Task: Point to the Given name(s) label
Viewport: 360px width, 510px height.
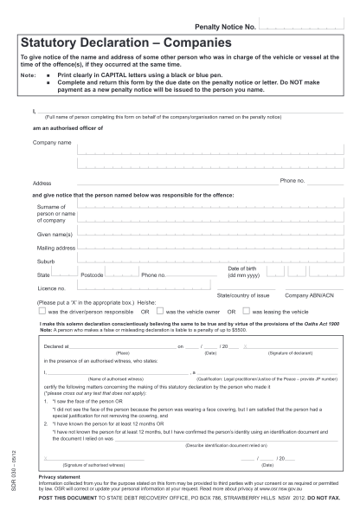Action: coord(55,233)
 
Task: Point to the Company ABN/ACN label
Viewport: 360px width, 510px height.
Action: coord(308,295)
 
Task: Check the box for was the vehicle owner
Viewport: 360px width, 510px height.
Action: coord(160,311)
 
